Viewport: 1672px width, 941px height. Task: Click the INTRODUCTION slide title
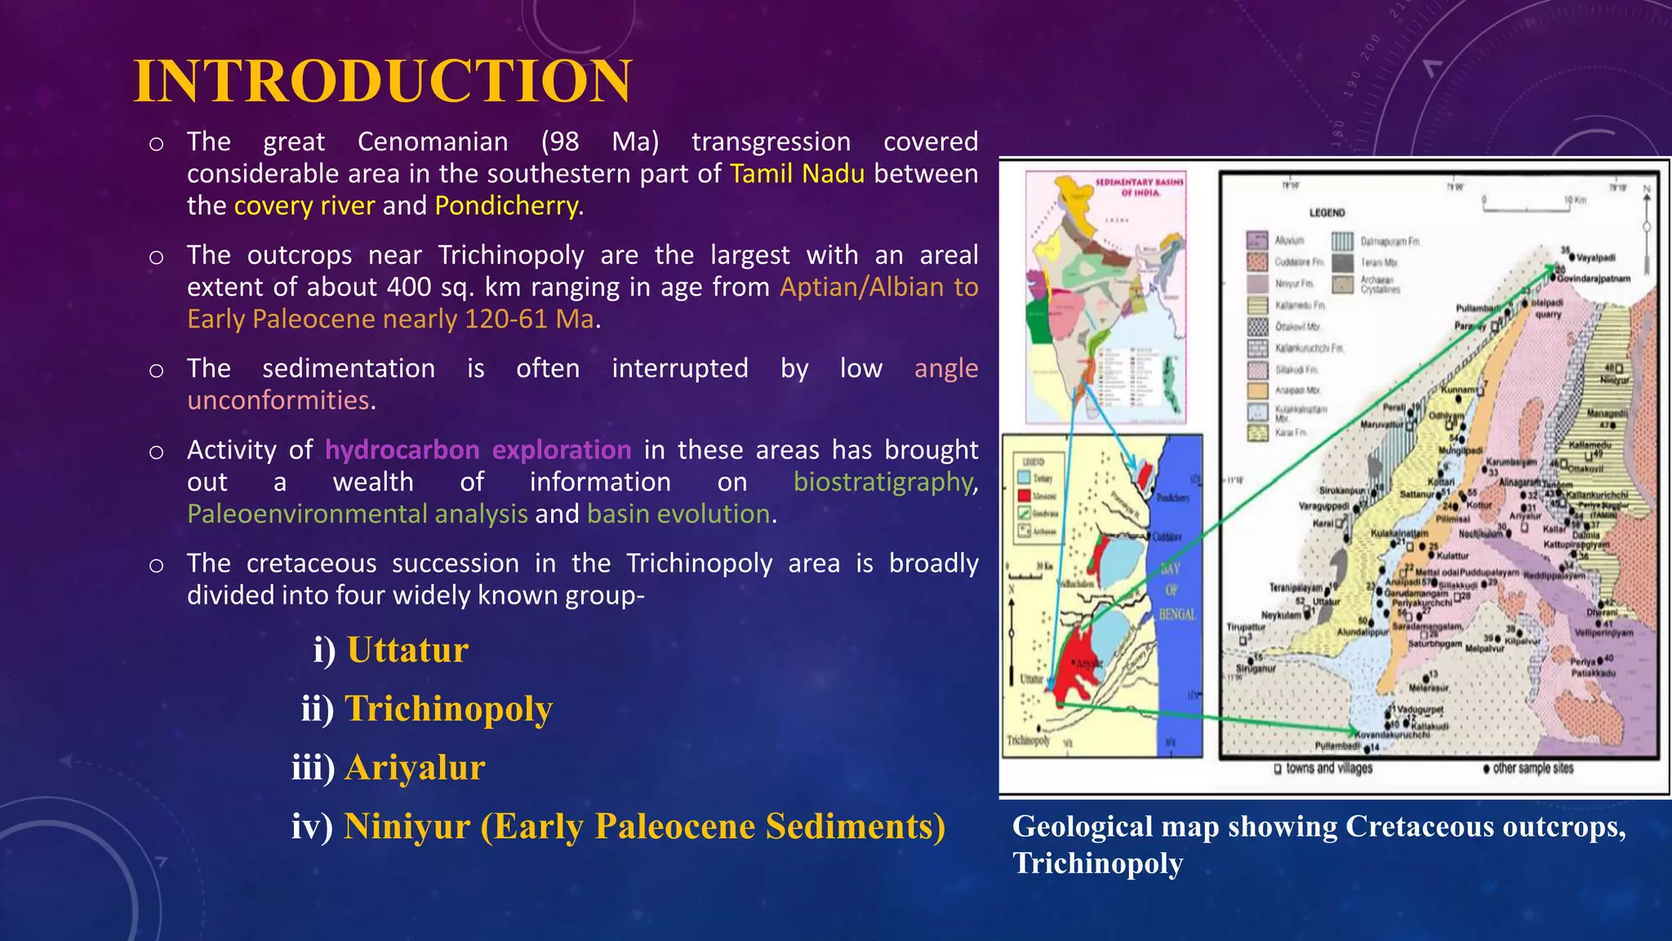(382, 82)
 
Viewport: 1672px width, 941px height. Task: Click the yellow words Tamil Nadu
(797, 174)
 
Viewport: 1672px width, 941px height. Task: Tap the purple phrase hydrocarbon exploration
(478, 450)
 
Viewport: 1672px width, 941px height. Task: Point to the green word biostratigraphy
(884, 482)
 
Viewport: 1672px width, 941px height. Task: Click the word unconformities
(278, 400)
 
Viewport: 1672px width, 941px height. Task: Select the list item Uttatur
(407, 650)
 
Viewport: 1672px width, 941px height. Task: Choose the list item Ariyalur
(415, 768)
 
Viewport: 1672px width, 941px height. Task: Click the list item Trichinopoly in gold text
(448, 709)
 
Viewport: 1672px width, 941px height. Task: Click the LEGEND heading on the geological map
(1327, 212)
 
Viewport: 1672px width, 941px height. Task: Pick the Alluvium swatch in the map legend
(1256, 240)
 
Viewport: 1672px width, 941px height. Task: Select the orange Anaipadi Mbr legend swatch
(1257, 390)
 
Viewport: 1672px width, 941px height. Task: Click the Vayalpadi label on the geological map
(1595, 257)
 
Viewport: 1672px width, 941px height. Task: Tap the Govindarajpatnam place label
(1593, 279)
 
